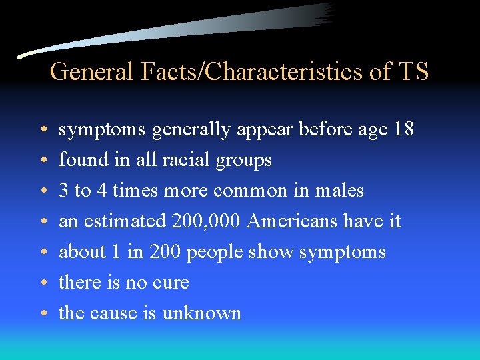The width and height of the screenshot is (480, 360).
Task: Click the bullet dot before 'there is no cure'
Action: coord(42,283)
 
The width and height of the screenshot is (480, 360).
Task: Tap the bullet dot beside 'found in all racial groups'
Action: coord(42,161)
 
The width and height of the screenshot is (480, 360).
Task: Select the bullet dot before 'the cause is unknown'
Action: coord(42,314)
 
